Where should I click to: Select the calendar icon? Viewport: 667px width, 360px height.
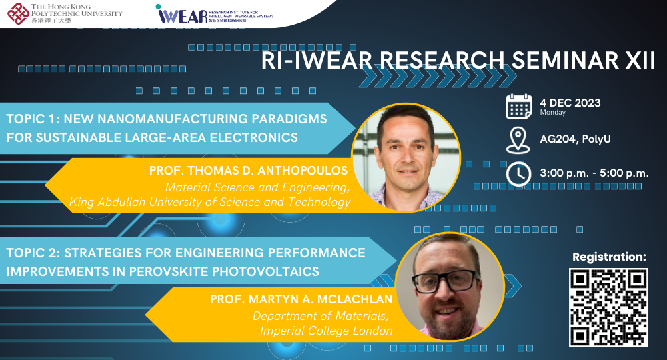[518, 107]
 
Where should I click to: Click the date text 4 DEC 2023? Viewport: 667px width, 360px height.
[570, 103]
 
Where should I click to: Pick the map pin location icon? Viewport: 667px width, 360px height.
[518, 140]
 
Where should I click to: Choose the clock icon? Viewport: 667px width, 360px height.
[518, 173]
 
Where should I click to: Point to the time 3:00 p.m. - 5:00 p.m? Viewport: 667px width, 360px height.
[594, 173]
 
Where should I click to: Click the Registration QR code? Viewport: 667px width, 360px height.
[608, 307]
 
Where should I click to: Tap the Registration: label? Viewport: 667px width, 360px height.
[609, 256]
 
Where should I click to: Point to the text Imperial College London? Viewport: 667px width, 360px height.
[326, 330]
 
